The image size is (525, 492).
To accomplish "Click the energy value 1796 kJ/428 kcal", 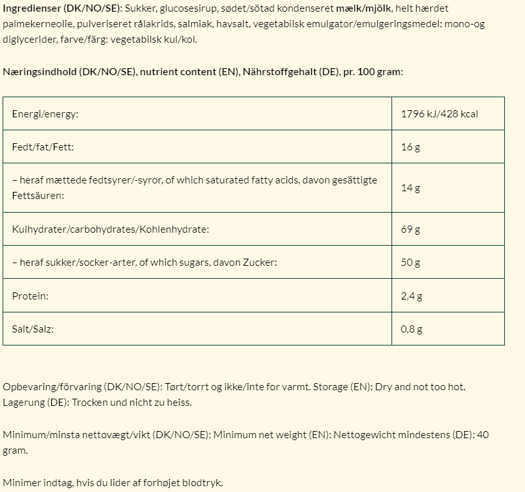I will click(x=439, y=114).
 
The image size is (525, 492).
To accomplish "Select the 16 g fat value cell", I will click(x=411, y=147).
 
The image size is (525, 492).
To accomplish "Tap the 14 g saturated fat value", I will click(x=411, y=188).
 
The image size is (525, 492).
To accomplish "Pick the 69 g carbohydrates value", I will click(x=411, y=229).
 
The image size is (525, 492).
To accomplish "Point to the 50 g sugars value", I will click(x=411, y=263).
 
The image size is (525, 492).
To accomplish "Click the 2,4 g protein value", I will click(x=412, y=296).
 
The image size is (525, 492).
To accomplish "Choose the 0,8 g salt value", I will click(x=412, y=329).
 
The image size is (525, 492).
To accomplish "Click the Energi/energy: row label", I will click(x=45, y=114).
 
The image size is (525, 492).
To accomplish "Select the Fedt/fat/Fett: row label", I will click(x=43, y=147).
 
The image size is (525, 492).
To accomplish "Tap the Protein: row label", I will click(x=30, y=296).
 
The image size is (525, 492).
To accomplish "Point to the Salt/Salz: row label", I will click(x=32, y=329).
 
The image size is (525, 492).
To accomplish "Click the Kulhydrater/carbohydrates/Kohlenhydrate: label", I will click(x=110, y=229).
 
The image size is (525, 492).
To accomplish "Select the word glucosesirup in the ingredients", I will click(x=186, y=8).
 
